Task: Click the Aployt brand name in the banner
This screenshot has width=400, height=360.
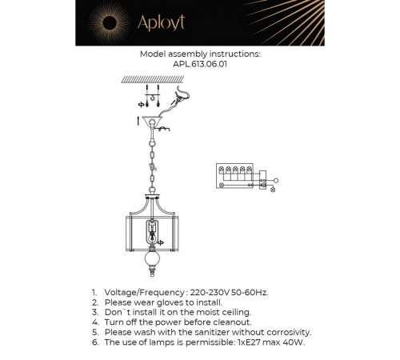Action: (x=161, y=22)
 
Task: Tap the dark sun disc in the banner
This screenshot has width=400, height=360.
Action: (x=110, y=23)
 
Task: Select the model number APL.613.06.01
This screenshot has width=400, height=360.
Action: (x=200, y=64)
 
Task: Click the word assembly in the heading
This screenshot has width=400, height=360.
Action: (x=188, y=54)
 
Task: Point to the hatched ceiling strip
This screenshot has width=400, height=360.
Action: (x=153, y=79)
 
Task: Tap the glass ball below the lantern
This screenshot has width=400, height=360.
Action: (x=152, y=258)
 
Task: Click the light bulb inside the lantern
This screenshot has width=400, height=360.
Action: (x=152, y=236)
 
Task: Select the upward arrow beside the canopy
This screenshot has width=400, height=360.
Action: (x=138, y=121)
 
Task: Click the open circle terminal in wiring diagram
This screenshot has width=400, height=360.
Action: (x=276, y=181)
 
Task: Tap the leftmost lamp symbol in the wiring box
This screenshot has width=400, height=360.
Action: (x=221, y=169)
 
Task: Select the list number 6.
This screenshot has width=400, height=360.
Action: (x=95, y=342)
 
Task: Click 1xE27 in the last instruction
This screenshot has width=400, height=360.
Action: (x=249, y=342)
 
